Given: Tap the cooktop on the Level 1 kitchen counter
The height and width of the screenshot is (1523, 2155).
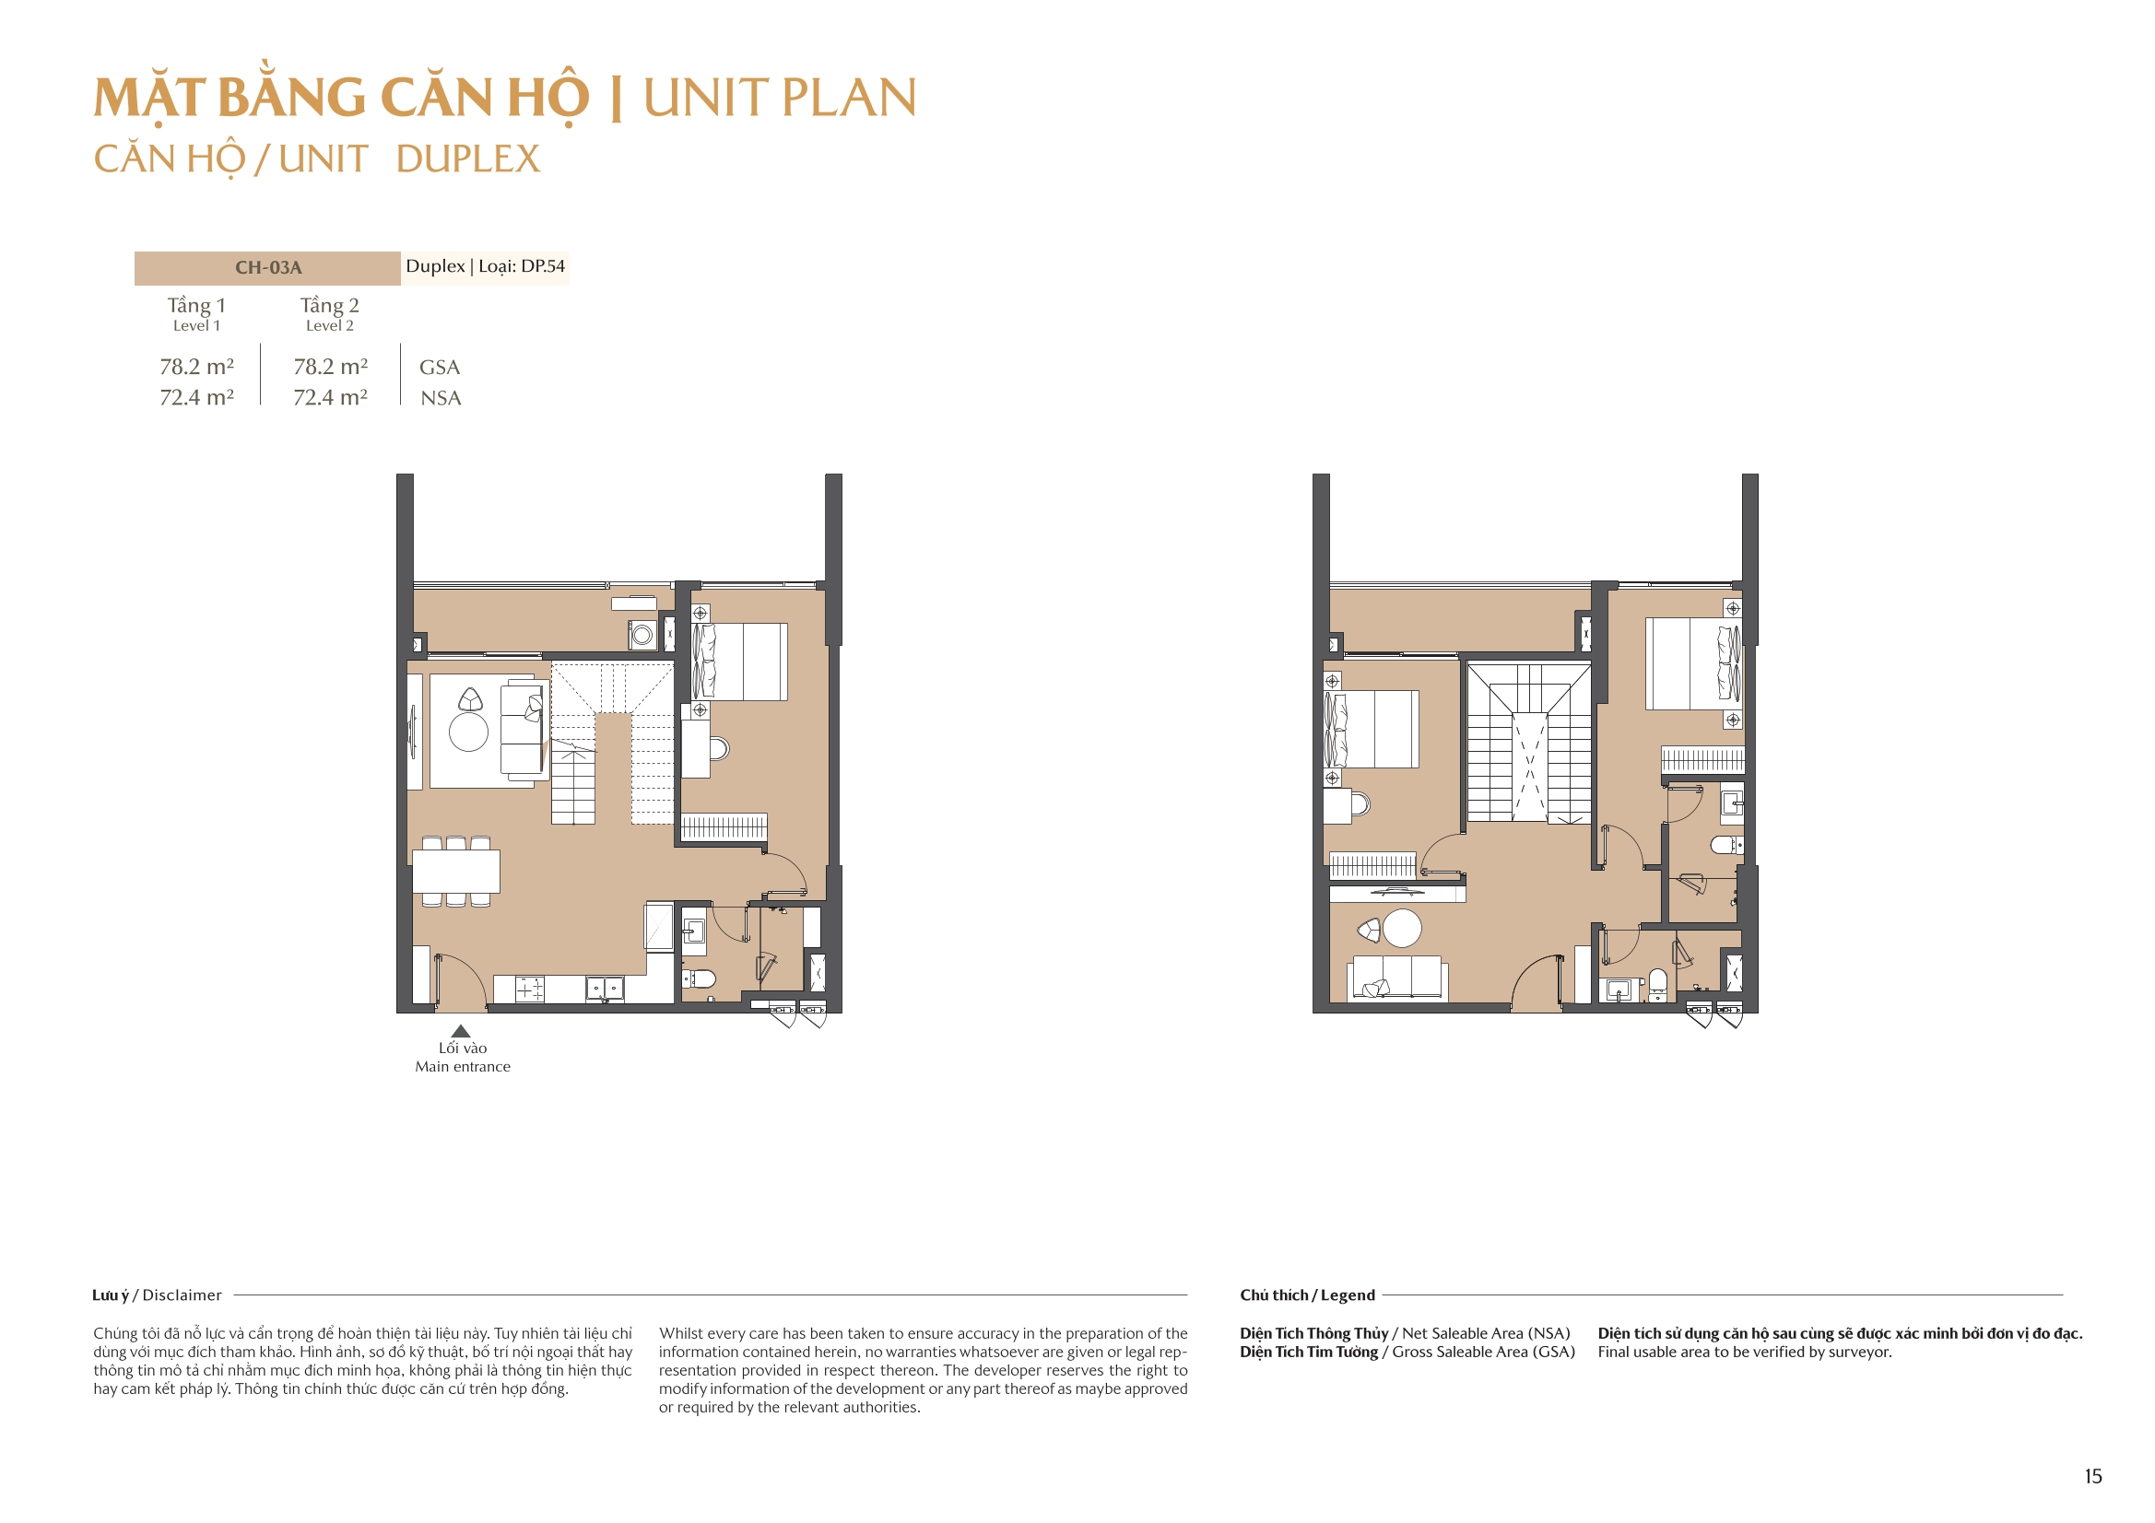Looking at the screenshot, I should (529, 988).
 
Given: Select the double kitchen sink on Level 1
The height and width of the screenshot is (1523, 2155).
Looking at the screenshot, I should (605, 988).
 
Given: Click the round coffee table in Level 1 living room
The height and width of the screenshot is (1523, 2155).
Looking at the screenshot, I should (468, 732).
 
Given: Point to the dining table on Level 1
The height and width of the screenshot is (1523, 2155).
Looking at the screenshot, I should (456, 871).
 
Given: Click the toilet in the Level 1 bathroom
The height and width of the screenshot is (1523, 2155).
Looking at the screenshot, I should (701, 978).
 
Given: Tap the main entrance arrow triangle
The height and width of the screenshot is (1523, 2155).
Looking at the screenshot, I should (461, 1031).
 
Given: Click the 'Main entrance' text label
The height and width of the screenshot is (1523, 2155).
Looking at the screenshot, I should (463, 1067).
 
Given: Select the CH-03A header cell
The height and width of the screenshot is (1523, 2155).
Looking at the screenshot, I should (267, 267).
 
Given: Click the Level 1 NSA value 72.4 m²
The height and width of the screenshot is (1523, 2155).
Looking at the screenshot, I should (196, 398).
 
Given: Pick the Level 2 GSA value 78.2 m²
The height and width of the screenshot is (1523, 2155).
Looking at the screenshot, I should (330, 367).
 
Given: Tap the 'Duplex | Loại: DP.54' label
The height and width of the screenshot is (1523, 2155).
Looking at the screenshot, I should (485, 266).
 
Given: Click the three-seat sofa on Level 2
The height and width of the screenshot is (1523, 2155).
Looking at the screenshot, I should (1397, 978).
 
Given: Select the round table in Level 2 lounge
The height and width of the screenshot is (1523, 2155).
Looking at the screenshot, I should (1402, 928).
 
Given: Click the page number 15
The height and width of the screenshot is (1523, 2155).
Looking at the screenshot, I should (2092, 1476).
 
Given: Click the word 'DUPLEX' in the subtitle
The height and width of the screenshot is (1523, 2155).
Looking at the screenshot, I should (467, 159).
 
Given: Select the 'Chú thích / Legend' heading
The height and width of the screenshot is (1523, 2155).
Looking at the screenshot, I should (1306, 1295).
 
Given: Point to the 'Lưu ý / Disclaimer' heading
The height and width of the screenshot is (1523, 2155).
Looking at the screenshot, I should (157, 1295).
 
